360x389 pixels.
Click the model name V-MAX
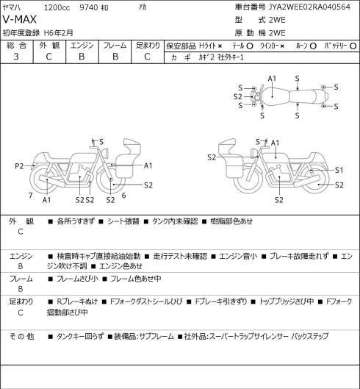coord(20,20)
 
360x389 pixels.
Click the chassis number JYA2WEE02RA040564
coord(309,7)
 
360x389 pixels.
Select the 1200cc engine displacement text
coord(57,7)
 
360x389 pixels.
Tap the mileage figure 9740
coord(89,7)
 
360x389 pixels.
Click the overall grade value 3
coord(16,57)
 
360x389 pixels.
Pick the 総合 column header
coord(16,46)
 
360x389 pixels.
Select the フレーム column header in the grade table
coord(115,46)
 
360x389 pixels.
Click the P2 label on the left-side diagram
coord(19,166)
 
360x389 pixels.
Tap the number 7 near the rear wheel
coord(31,196)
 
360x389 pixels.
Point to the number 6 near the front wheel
coord(123,196)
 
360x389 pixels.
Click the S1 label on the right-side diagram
coord(339,170)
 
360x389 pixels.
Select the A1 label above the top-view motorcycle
coord(272,79)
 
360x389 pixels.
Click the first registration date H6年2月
coord(59,33)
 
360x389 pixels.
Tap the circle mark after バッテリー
coord(353,46)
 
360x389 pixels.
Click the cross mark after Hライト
coord(220,46)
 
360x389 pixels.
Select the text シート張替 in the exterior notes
coord(123,221)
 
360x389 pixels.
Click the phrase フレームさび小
coord(77,279)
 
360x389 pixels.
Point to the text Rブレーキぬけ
coord(77,301)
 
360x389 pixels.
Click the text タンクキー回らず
coord(80,336)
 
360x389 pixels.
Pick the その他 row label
coord(21,336)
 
